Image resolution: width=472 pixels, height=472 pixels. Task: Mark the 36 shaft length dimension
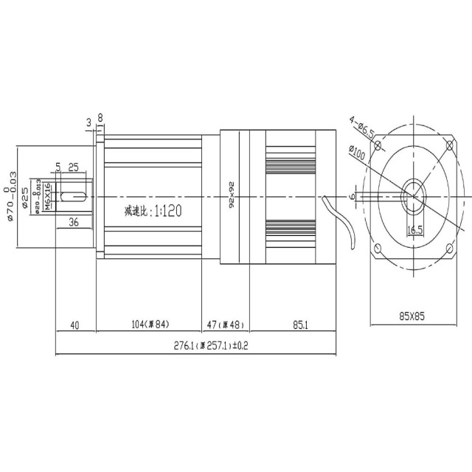click(74, 221)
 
